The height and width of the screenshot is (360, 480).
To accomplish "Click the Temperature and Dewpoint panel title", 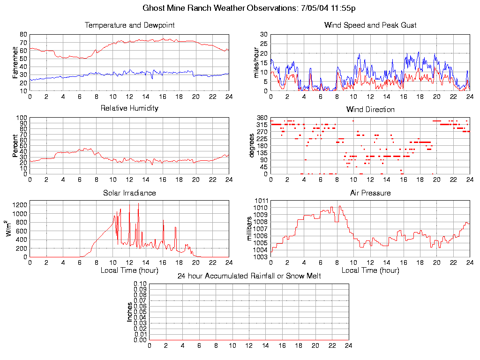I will [x=129, y=25].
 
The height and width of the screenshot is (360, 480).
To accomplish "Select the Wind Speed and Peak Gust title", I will [x=370, y=25].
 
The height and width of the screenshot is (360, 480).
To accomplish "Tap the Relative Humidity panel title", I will [x=129, y=108].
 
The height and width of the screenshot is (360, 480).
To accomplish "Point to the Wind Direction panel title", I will [x=370, y=109].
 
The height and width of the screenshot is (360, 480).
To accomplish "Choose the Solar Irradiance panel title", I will [x=129, y=193].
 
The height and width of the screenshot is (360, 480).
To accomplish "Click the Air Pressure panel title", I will [x=370, y=193].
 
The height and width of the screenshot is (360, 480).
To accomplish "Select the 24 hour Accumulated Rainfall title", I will [x=249, y=276].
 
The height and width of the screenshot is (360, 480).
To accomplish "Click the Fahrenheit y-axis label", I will [x=15, y=63].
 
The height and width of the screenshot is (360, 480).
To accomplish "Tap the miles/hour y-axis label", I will [x=256, y=63].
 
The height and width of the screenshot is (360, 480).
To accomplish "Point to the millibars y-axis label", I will [x=249, y=229].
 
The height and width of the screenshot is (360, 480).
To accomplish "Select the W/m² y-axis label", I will [x=9, y=229].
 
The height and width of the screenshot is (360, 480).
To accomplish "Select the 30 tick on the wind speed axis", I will [x=264, y=34].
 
